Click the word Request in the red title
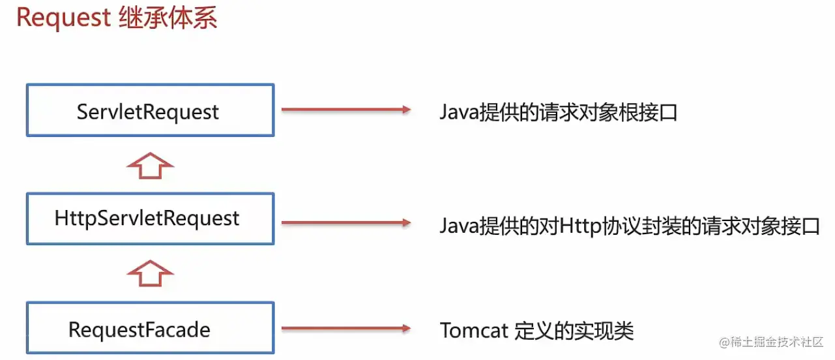point(63,18)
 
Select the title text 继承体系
point(168,18)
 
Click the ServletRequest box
point(150,110)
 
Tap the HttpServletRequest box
point(150,218)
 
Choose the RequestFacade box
point(150,329)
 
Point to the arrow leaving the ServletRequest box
point(345,110)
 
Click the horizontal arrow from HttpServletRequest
point(345,223)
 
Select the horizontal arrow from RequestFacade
point(345,329)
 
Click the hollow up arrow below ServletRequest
point(150,166)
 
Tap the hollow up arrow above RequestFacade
point(150,273)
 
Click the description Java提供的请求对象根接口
point(559,113)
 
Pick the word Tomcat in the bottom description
point(474,331)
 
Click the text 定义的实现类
point(574,331)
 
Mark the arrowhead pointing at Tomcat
point(406,329)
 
